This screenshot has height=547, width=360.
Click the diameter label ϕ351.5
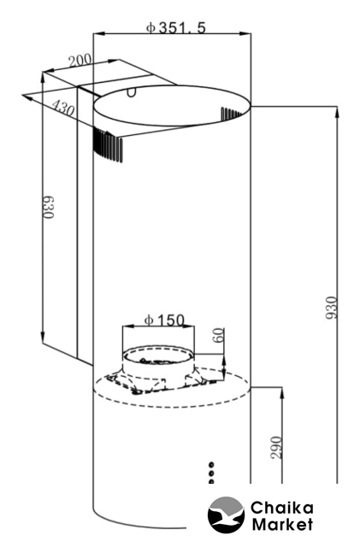tap(175, 27)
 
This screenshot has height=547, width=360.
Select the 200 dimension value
tap(80, 61)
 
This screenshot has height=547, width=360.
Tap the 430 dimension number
tap(63, 108)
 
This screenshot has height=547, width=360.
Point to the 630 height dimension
tap(49, 207)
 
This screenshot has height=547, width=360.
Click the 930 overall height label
tap(332, 307)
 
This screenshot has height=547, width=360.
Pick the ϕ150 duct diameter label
tap(164, 320)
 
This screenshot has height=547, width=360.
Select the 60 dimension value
tap(218, 335)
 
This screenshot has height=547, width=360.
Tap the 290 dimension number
tap(276, 447)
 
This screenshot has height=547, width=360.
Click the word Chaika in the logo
tap(282, 509)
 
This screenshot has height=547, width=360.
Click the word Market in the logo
tap(282, 524)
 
